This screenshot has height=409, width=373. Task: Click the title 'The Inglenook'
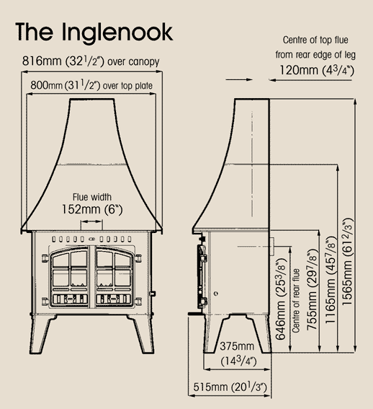[x=94, y=32]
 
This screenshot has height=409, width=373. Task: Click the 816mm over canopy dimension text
[x=91, y=61]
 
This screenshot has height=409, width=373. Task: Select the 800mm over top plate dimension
[x=91, y=85]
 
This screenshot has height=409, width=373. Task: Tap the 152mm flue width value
[x=92, y=209]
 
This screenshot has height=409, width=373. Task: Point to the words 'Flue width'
[x=92, y=197]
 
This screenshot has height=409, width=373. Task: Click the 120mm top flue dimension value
[x=317, y=70]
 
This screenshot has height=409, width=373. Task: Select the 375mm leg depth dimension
[x=237, y=354]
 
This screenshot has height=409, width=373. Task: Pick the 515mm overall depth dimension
[x=230, y=387]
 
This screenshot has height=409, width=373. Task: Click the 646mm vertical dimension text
[x=281, y=299]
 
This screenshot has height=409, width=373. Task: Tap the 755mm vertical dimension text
[x=313, y=289]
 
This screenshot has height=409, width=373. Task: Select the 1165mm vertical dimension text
[x=331, y=280]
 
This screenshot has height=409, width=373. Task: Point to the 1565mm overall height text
[x=347, y=261]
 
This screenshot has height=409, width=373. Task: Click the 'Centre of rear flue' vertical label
[x=296, y=301]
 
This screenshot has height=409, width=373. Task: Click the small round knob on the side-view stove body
[x=216, y=294]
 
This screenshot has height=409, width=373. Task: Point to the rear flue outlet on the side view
[x=272, y=247]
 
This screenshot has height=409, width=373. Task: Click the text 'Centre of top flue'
[x=315, y=40]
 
